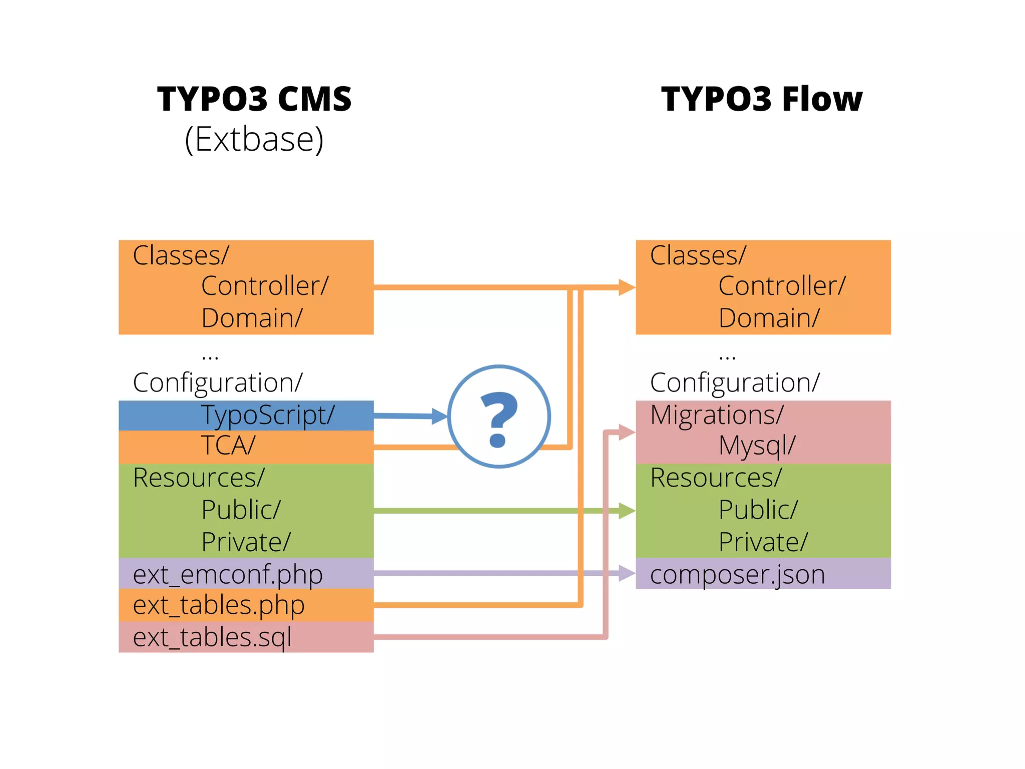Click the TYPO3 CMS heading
click(254, 99)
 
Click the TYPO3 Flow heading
click(762, 99)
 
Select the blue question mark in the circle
click(498, 420)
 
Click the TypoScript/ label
click(268, 415)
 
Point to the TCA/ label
click(228, 445)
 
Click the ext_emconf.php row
click(228, 574)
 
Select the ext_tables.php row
click(219, 605)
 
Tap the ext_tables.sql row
click(212, 637)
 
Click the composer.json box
click(737, 574)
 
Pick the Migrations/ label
click(716, 415)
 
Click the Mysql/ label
click(757, 445)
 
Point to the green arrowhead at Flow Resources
click(627, 511)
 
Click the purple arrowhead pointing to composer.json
click(627, 573)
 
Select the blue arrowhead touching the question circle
click(439, 416)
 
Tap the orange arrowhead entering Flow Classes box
click(627, 287)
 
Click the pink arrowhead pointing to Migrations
click(627, 432)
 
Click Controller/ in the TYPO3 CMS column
click(265, 286)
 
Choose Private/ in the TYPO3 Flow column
click(763, 542)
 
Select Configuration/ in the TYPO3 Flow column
click(734, 382)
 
